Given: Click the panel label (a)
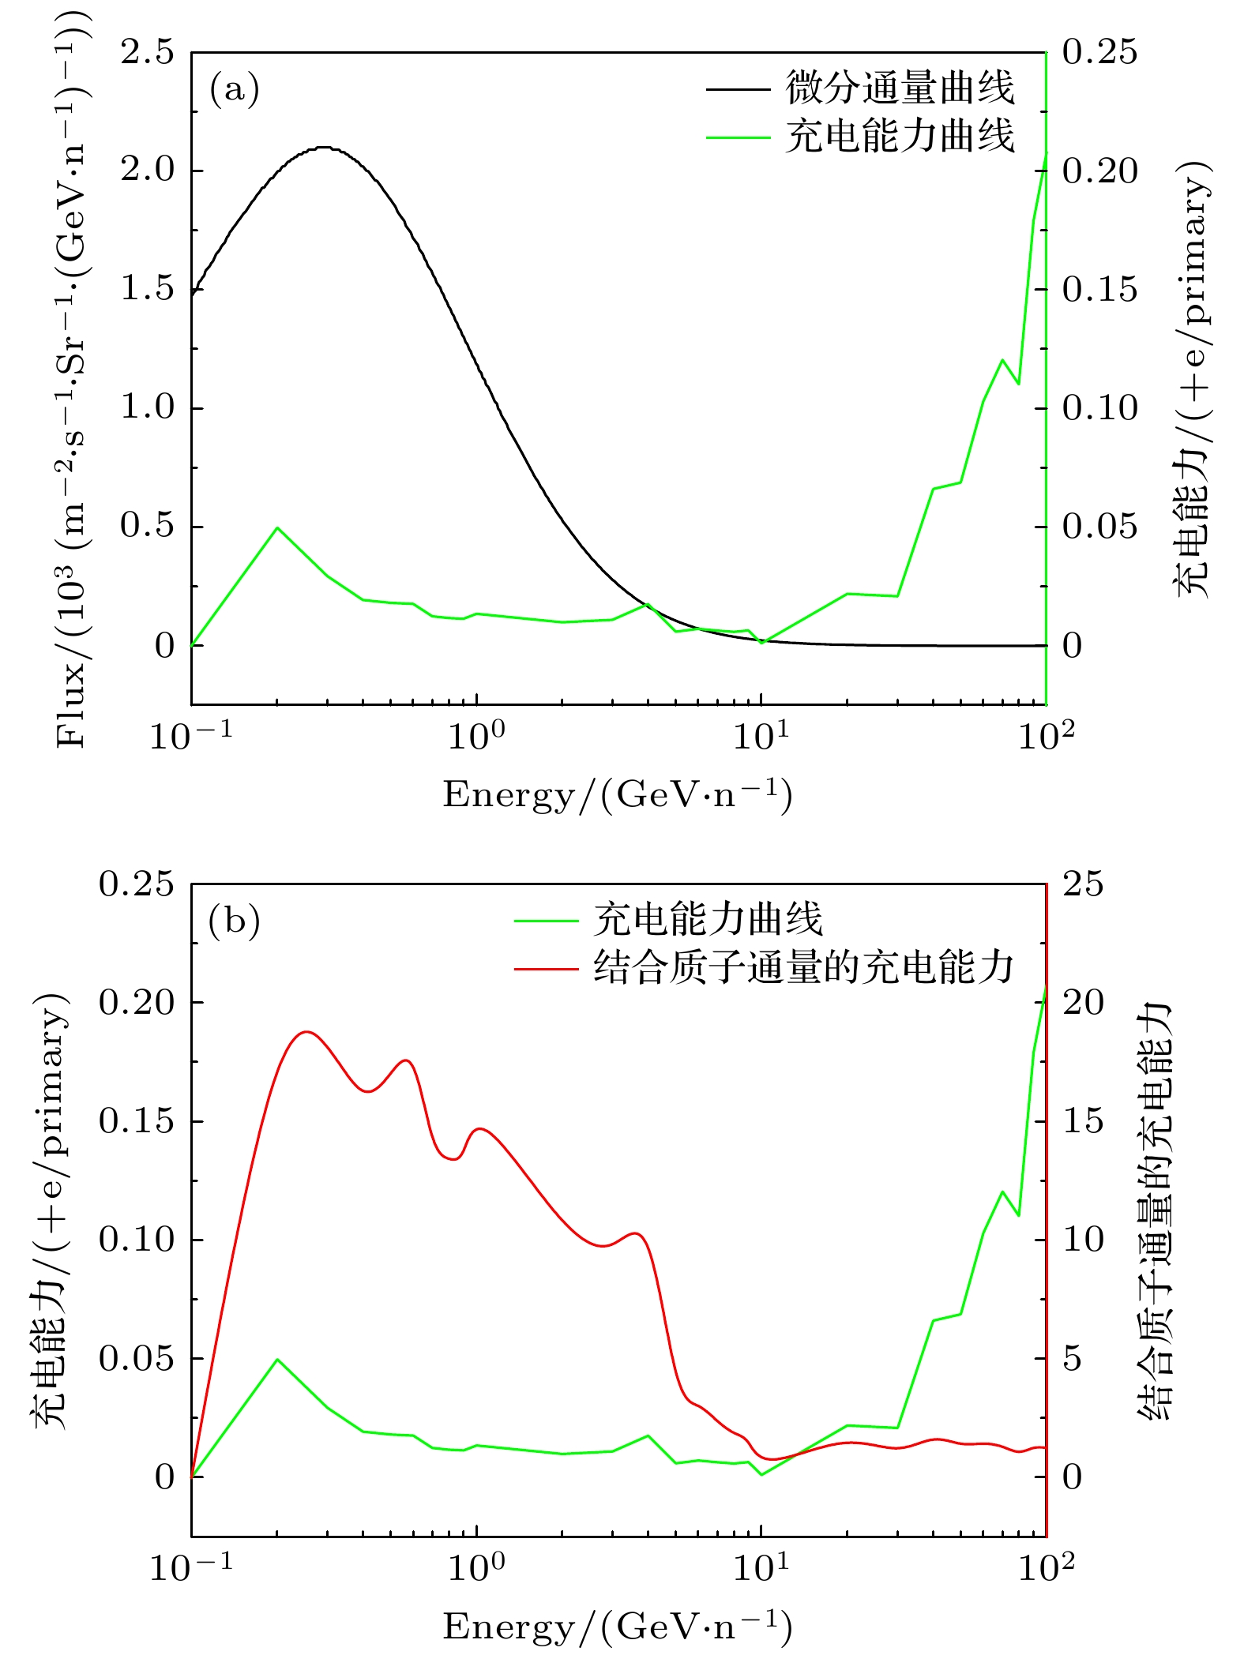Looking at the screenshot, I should point(234,89).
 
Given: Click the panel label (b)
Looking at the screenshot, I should point(234,921).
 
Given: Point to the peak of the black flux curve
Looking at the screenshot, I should point(322,148).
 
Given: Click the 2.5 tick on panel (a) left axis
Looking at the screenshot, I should point(148,53).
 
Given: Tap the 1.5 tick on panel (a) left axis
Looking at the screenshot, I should point(148,289).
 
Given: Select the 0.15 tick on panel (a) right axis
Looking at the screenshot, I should point(1099,290).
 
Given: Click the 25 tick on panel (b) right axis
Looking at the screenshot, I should point(1082,884).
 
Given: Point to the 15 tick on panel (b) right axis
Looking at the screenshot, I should point(1082,1121).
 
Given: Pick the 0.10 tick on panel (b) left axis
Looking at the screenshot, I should point(136,1240).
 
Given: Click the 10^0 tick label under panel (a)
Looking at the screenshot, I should point(476,736).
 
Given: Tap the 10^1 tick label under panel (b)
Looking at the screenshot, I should point(761,1567).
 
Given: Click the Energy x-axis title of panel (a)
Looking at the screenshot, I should point(617,794).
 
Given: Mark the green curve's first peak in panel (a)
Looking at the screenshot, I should point(277,527).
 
